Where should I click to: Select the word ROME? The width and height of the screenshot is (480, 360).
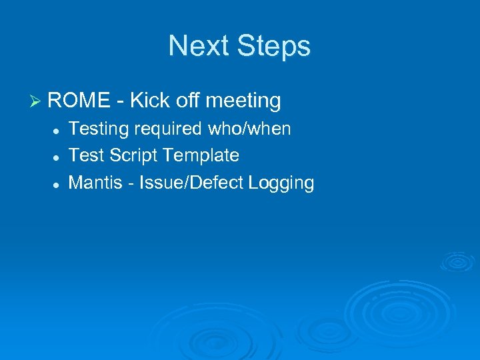[x=79, y=101]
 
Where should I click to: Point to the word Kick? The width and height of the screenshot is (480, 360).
[x=150, y=101]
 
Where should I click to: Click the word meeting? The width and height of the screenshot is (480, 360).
[x=243, y=101]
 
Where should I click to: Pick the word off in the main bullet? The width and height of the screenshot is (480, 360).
[x=189, y=101]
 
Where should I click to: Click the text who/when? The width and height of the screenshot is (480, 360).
[x=249, y=129]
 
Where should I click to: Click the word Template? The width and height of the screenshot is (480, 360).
[x=201, y=156]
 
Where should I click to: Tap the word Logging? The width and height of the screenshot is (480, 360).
[x=281, y=183]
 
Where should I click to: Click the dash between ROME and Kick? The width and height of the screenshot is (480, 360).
[x=120, y=102]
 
